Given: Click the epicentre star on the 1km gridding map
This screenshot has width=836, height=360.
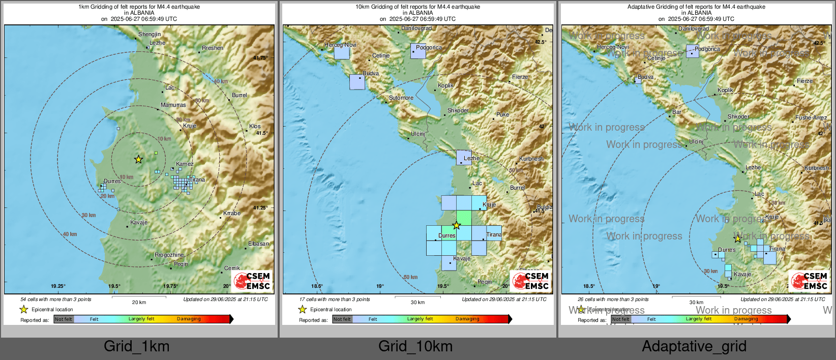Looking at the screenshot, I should (138, 159).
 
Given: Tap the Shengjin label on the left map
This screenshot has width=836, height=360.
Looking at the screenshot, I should (150, 35).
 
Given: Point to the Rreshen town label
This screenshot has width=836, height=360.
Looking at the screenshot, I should (213, 48).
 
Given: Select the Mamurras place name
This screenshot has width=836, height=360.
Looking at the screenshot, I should (173, 105).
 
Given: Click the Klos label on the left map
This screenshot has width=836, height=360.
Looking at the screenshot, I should (255, 127).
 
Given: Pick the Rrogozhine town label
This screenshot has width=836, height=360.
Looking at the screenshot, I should (169, 255).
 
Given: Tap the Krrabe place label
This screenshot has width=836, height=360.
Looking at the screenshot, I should (232, 214).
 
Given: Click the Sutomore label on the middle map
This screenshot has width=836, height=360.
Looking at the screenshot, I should (401, 98).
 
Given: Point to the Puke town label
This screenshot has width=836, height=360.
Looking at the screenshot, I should (502, 115).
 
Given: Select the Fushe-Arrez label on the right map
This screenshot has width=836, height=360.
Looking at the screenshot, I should (811, 118).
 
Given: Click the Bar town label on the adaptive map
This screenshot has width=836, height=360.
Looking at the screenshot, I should (676, 112).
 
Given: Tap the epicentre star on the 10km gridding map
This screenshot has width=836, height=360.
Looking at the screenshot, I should (457, 225).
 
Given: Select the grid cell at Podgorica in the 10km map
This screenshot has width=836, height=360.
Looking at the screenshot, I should (418, 51).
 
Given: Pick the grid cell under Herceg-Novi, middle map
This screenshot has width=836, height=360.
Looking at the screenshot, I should (342, 52).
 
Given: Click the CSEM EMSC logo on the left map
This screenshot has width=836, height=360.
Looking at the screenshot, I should (252, 281).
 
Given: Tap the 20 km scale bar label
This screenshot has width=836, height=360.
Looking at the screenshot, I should (139, 303).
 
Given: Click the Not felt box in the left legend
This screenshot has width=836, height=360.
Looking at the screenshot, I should (64, 319).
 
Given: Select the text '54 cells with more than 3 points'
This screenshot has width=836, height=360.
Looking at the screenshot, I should (56, 299).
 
